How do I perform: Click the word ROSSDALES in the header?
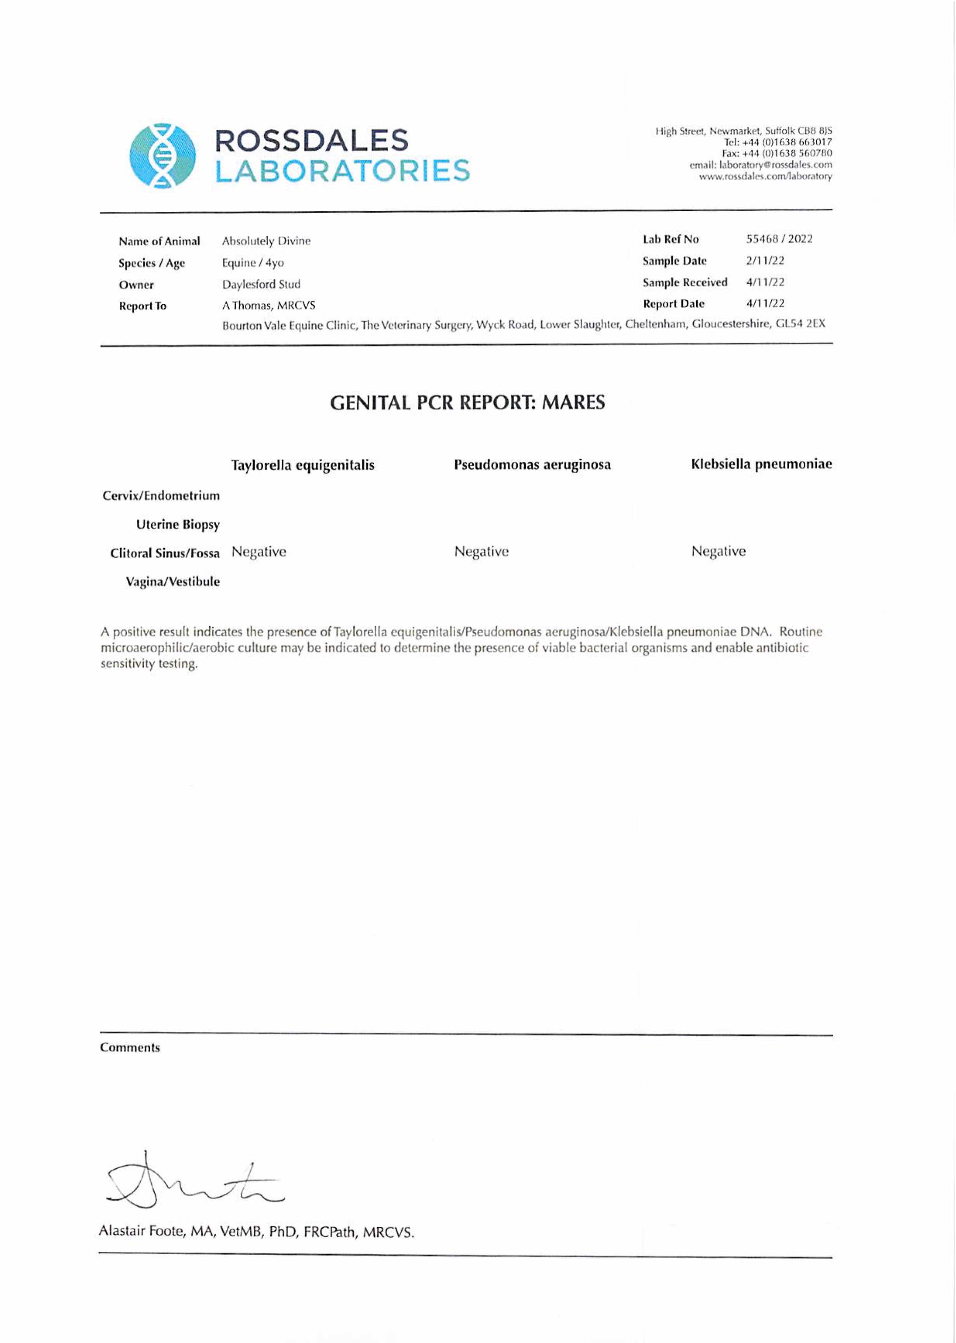[311, 141]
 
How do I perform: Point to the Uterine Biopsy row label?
[178, 524]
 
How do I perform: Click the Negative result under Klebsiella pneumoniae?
[718, 551]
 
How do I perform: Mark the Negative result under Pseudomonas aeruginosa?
[482, 551]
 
